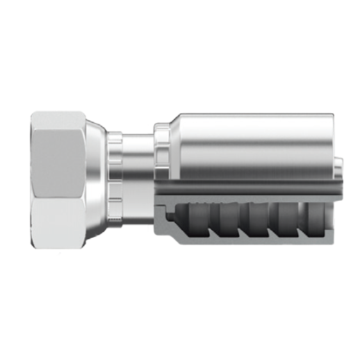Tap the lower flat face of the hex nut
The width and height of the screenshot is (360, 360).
pyautogui.click(x=60, y=215)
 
